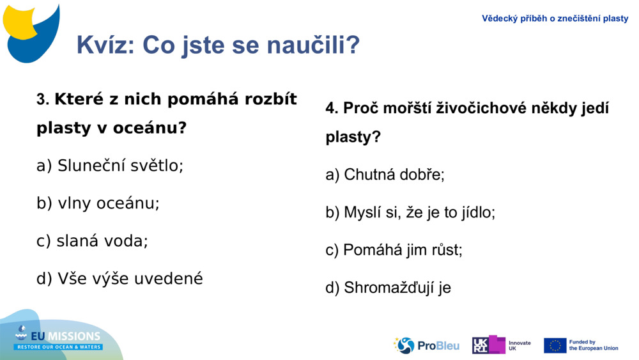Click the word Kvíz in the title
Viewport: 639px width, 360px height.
[x=105, y=45]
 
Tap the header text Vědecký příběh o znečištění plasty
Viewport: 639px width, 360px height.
[x=555, y=19]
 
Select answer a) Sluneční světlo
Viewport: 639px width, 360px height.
[x=110, y=166]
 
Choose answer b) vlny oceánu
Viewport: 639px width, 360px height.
[x=98, y=203]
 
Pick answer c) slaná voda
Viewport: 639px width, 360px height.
[x=92, y=241]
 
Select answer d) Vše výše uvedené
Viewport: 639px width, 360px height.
[x=119, y=279]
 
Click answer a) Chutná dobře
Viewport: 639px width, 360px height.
[x=385, y=175]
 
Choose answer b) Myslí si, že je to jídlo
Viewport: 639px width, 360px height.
[x=410, y=212]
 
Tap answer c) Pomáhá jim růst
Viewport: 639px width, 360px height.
[x=394, y=250]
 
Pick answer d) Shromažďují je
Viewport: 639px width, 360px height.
[x=388, y=288]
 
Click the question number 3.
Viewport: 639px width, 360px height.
[x=42, y=100]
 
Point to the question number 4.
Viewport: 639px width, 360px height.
[x=331, y=109]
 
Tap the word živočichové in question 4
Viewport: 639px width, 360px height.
[x=475, y=109]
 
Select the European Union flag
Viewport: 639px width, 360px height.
[x=555, y=345]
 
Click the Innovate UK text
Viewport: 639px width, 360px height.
[x=519, y=345]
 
